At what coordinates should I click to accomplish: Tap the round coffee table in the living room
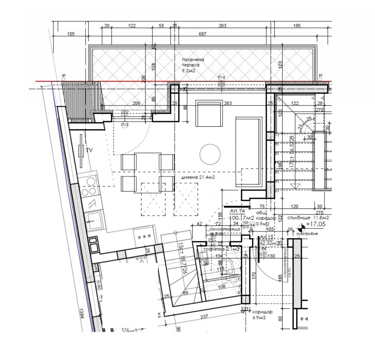(x=210, y=153)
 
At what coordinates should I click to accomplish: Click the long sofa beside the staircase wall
(x=248, y=150)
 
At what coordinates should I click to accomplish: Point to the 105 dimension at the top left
(x=71, y=33)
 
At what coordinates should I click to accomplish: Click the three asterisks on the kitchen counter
(x=143, y=237)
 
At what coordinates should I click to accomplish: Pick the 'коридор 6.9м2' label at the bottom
(x=259, y=314)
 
